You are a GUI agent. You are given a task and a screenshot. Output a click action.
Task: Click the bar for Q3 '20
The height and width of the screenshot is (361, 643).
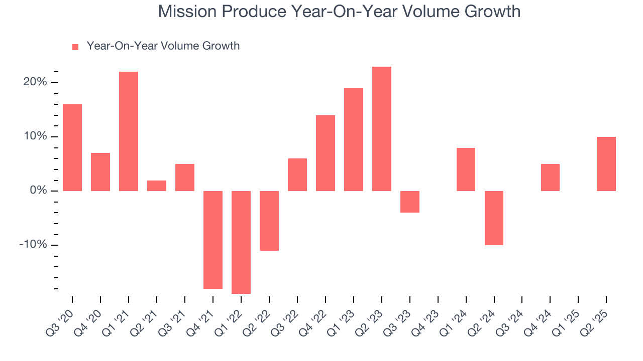(72, 147)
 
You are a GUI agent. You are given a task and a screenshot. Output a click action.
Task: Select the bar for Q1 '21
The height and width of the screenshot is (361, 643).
(129, 131)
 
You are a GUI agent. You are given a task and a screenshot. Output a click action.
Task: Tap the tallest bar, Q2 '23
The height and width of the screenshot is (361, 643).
(382, 129)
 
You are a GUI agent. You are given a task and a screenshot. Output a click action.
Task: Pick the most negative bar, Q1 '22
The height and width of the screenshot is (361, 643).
(241, 242)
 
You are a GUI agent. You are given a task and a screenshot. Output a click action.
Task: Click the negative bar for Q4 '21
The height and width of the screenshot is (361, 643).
(213, 240)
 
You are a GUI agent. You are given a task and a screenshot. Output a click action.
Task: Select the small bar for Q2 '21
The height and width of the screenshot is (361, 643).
(157, 186)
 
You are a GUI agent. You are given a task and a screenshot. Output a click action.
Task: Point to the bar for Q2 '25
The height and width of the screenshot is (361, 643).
(606, 164)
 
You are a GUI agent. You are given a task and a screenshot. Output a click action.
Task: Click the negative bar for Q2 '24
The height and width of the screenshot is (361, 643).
(494, 218)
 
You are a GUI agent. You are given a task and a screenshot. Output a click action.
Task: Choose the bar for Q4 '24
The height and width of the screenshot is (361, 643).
(550, 177)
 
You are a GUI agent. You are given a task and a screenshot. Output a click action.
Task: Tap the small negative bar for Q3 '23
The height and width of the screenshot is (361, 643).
(409, 202)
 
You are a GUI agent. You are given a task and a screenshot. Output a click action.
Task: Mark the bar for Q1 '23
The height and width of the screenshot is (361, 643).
(354, 139)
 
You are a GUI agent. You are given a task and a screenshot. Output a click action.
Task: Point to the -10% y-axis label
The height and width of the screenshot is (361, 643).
(33, 245)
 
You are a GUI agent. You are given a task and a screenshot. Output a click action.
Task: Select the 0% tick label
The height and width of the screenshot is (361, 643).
(38, 191)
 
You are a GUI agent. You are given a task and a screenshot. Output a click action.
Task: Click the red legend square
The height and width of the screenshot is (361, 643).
(75, 47)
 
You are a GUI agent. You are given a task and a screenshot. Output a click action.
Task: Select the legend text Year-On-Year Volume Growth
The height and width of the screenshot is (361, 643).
(163, 46)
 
